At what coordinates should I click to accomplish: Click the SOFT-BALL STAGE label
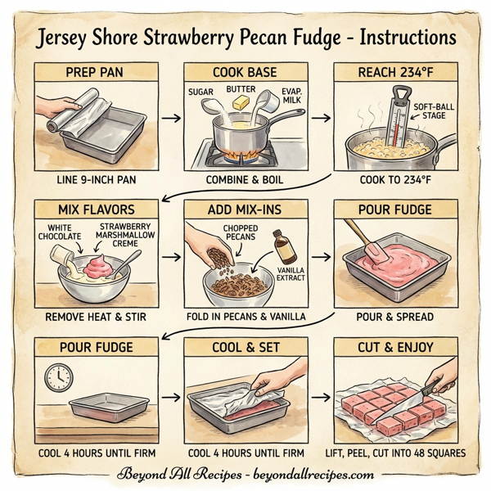point(433,111)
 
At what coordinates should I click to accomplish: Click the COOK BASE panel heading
point(245,72)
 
